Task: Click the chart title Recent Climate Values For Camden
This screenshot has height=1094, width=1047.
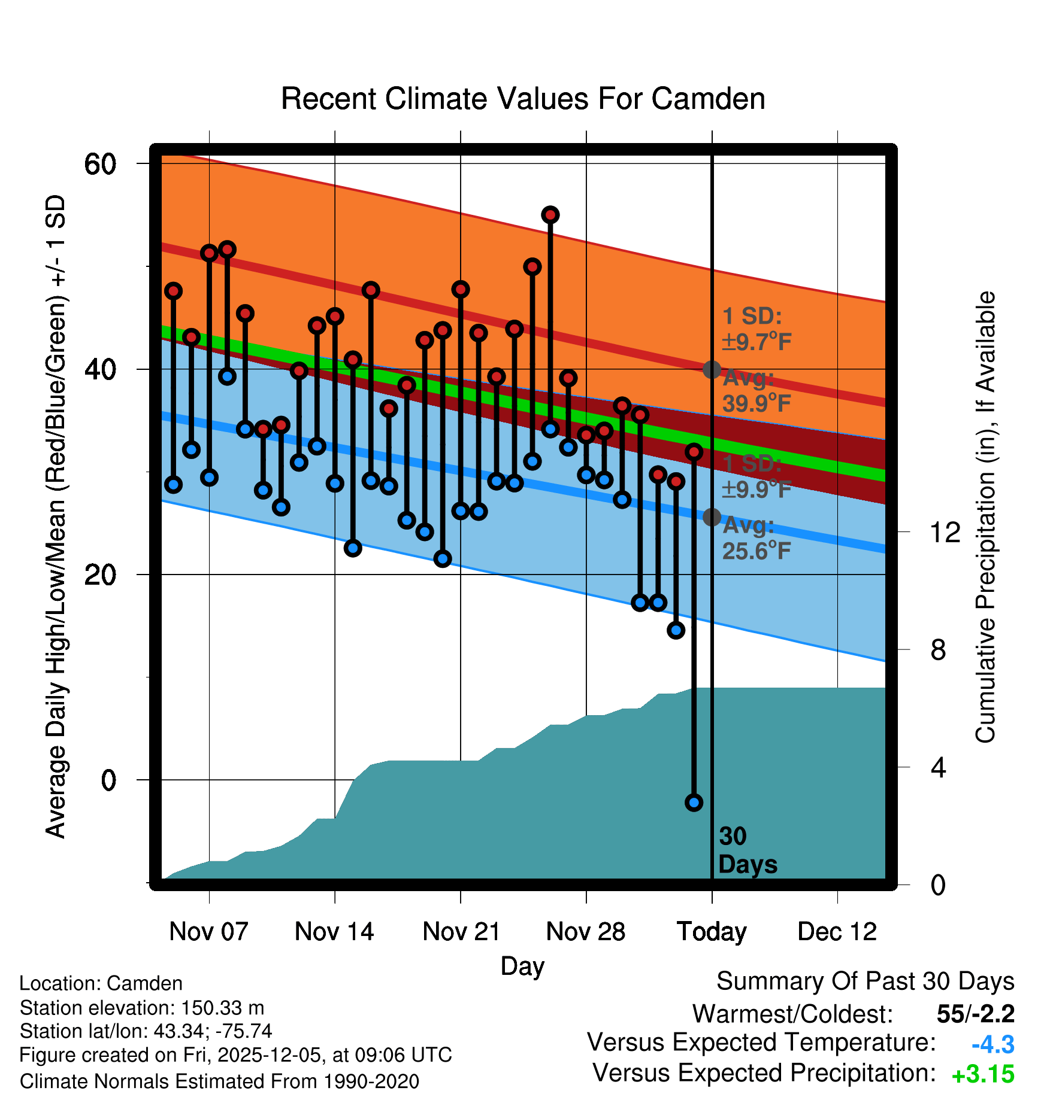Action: pyautogui.click(x=523, y=99)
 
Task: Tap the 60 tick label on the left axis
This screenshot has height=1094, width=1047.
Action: pyautogui.click(x=100, y=164)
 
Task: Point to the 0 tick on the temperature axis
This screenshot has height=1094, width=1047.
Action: pyautogui.click(x=108, y=780)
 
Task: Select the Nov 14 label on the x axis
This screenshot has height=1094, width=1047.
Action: pyautogui.click(x=334, y=932)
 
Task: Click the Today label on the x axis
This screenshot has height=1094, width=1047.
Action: pyautogui.click(x=712, y=932)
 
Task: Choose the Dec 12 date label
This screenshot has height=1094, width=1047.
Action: pyautogui.click(x=837, y=932)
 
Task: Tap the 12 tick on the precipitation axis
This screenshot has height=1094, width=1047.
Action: pyautogui.click(x=945, y=532)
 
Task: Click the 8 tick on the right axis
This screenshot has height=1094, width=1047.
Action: pyautogui.click(x=939, y=650)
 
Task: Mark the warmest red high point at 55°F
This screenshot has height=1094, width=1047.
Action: pyautogui.click(x=550, y=215)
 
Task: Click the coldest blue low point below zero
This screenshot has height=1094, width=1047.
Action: pyautogui.click(x=694, y=803)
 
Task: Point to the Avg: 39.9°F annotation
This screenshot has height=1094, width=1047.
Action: pyautogui.click(x=756, y=391)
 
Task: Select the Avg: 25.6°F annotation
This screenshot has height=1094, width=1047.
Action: pyautogui.click(x=756, y=539)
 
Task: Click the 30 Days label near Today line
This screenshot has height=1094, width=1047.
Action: pyautogui.click(x=747, y=850)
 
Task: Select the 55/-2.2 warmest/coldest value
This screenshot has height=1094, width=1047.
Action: pyautogui.click(x=975, y=1014)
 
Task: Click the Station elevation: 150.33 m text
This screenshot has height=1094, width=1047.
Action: pyautogui.click(x=142, y=1008)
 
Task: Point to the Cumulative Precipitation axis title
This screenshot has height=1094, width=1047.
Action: pyautogui.click(x=985, y=517)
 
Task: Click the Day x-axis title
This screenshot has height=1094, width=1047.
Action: pyautogui.click(x=522, y=965)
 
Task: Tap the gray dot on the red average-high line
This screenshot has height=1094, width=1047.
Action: pyautogui.click(x=712, y=369)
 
